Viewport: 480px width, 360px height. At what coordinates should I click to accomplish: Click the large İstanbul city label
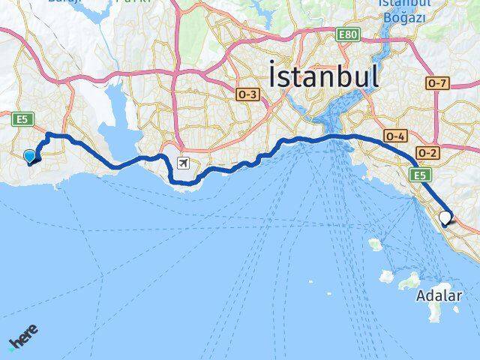click(x=323, y=76)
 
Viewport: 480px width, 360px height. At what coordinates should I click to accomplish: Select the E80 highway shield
click(x=348, y=34)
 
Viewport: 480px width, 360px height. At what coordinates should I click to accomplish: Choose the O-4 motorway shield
click(x=395, y=136)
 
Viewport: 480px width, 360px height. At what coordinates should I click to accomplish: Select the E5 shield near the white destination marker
click(x=418, y=174)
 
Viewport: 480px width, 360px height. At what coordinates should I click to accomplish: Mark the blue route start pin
click(x=30, y=156)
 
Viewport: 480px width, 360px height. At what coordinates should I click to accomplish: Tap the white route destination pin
click(x=445, y=218)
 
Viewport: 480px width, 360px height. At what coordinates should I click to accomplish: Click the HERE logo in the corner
click(x=23, y=339)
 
